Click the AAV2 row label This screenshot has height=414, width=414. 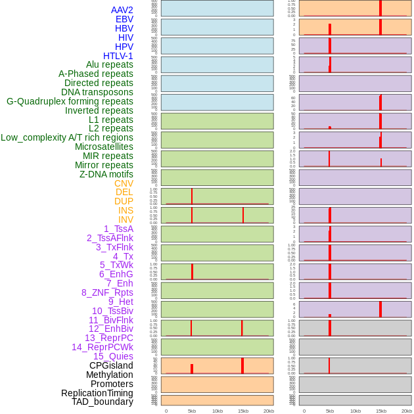pyautogui.click(x=122, y=10)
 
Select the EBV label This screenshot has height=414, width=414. pyautogui.click(x=124, y=19)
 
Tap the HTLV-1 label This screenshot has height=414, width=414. pyautogui.click(x=118, y=56)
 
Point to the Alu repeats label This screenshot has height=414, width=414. pyautogui.click(x=110, y=64)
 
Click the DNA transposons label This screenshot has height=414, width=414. pyautogui.click(x=97, y=92)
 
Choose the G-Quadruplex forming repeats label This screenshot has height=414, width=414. pyautogui.click(x=70, y=101)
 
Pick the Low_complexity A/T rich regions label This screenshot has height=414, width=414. pyautogui.click(x=67, y=137)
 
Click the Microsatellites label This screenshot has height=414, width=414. pyautogui.click(x=104, y=147)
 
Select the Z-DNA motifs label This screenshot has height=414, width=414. pyautogui.click(x=106, y=174)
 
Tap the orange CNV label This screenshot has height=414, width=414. pyautogui.click(x=124, y=183)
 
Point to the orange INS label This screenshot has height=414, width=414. pyautogui.click(x=126, y=210)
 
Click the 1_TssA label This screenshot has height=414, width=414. pyautogui.click(x=118, y=229)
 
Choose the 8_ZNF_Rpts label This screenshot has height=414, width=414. pyautogui.click(x=107, y=292)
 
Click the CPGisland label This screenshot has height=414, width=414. pyautogui.click(x=111, y=365)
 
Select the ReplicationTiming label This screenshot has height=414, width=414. pyautogui.click(x=97, y=393)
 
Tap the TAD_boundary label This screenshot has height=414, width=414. pyautogui.click(x=103, y=402)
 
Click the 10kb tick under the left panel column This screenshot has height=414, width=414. pyautogui.click(x=218, y=411)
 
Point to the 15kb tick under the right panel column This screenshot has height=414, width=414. pyautogui.click(x=381, y=411)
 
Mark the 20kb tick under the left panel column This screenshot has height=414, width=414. pyautogui.click(x=269, y=411)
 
